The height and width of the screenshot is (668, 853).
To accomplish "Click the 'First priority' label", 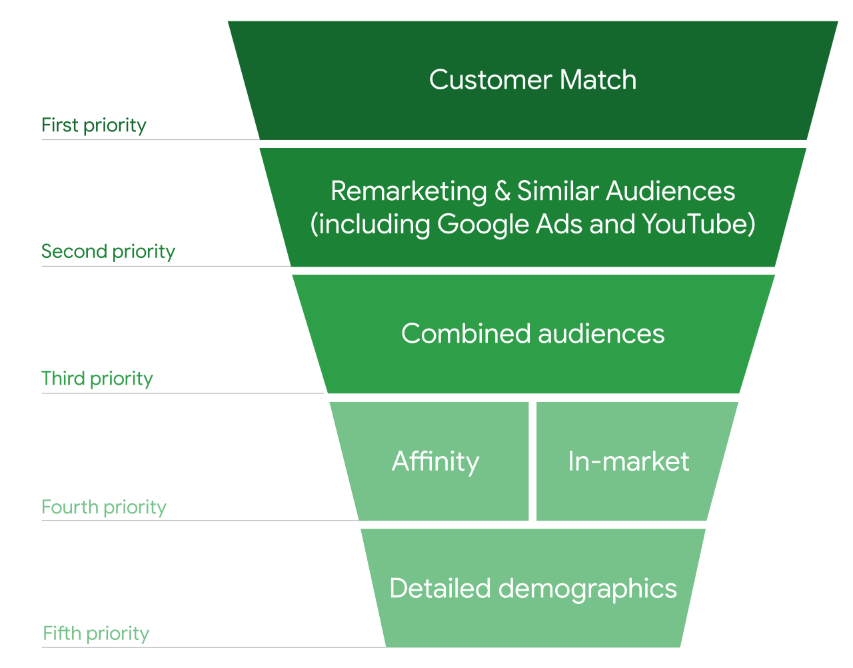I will click(93, 125).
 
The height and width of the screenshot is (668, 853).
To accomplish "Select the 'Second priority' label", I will click(108, 251).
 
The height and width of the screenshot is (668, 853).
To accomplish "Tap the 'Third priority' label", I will click(97, 379).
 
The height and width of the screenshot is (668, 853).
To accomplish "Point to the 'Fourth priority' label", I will click(103, 507).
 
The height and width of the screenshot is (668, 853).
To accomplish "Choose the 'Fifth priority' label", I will click(96, 633).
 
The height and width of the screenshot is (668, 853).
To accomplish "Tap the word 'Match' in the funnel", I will click(598, 80).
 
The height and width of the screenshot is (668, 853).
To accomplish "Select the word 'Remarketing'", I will click(409, 191).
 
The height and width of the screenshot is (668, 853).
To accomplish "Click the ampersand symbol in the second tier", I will click(502, 191).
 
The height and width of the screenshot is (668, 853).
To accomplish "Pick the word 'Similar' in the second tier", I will click(558, 191).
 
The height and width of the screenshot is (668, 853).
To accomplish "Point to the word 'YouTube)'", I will click(698, 224).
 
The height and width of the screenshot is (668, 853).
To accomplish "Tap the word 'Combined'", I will click(466, 333).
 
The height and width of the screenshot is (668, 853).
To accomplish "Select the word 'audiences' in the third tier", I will click(601, 333).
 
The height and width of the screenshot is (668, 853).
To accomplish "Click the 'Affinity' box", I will click(435, 461).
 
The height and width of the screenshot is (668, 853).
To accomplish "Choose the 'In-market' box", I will click(628, 461).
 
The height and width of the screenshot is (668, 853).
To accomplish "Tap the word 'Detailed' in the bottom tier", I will click(440, 589).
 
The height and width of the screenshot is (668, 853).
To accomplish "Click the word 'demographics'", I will click(587, 589).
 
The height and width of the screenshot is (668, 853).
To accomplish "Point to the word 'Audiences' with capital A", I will click(670, 191).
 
